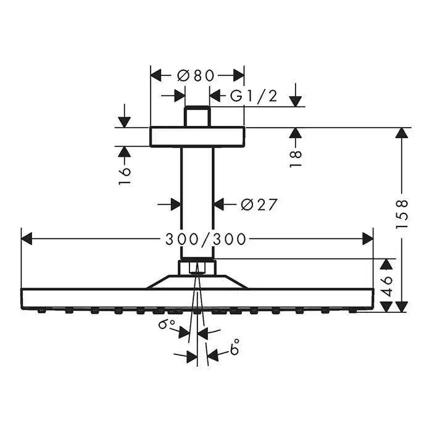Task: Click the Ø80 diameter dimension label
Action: click(x=196, y=75)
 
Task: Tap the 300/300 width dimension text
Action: click(x=207, y=238)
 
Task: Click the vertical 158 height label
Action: click(x=402, y=214)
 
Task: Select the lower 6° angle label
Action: click(x=235, y=350)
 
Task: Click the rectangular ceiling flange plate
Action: click(x=197, y=136)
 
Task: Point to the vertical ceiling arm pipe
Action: click(x=197, y=204)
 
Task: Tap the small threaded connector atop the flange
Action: click(x=197, y=117)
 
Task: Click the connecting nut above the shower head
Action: click(x=197, y=268)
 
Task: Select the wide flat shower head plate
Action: click(x=197, y=298)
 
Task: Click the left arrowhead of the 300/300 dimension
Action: click(x=27, y=238)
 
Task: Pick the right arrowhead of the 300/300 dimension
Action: click(x=368, y=238)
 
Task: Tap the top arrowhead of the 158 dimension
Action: click(x=402, y=132)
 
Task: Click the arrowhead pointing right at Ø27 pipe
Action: click(x=175, y=204)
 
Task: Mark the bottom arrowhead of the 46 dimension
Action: click(x=386, y=307)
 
